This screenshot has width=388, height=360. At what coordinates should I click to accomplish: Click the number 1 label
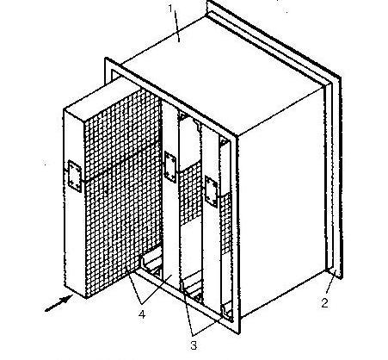(x=170, y=9)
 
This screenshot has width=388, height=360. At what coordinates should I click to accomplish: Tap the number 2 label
(x=324, y=303)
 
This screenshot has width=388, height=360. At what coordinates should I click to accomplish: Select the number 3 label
(x=194, y=345)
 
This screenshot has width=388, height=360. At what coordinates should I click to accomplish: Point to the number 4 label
(x=142, y=314)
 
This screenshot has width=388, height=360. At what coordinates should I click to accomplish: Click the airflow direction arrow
(x=58, y=303)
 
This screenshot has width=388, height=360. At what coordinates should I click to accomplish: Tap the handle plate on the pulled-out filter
(x=74, y=176)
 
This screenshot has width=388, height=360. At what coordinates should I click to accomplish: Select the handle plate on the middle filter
(x=170, y=167)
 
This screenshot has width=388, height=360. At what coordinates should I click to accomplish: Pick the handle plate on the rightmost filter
(x=212, y=191)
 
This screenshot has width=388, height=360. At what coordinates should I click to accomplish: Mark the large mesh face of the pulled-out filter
(x=123, y=192)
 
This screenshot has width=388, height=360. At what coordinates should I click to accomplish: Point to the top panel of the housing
(x=224, y=75)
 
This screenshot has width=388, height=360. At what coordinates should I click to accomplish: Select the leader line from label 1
(x=176, y=27)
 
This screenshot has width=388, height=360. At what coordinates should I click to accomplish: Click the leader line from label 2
(x=330, y=285)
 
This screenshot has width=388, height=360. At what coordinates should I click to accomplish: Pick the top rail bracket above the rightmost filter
(x=225, y=141)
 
